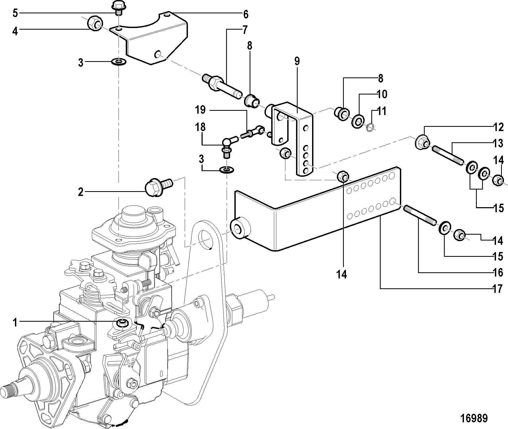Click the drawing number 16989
(474, 418)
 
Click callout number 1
(15, 322)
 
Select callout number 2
(81, 192)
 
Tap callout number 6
(246, 14)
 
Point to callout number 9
(297, 61)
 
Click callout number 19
(200, 110)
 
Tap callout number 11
(382, 111)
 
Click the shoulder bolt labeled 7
(222, 86)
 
